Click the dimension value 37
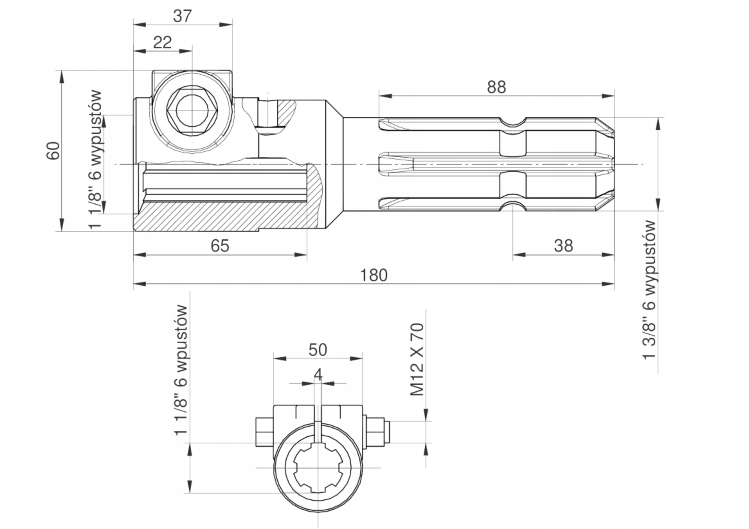coord(182,16)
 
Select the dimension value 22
coord(162,42)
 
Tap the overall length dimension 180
coord(374,275)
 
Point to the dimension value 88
coord(497,87)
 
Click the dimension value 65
coord(220,246)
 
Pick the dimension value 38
coord(564,246)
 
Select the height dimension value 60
coord(53,151)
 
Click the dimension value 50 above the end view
coord(317,350)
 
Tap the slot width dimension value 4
coord(318,374)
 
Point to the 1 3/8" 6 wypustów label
coord(649,290)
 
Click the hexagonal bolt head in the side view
coord(192,110)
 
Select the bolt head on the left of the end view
coord(264,432)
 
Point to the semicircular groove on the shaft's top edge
coord(513,122)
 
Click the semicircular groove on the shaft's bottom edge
coord(513,206)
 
